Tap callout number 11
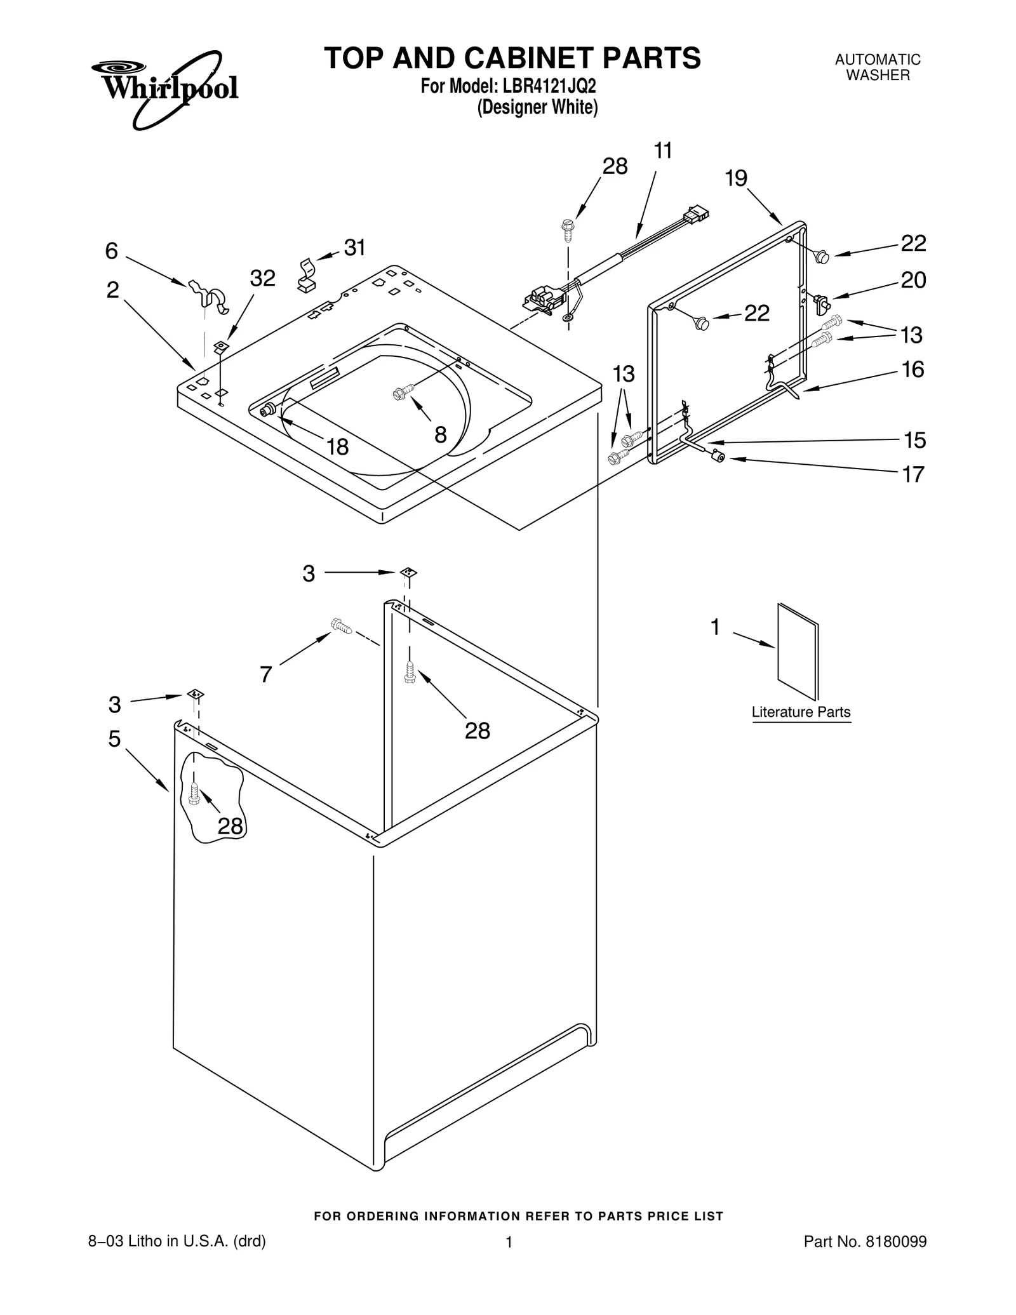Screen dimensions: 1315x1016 pos(662,151)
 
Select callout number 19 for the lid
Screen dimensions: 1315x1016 pos(736,178)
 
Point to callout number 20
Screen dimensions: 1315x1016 pos(913,280)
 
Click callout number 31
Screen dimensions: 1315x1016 pos(355,248)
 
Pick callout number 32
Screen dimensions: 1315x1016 pos(262,278)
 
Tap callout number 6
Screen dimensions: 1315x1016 pos(112,251)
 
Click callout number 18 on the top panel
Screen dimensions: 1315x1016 pos(337,447)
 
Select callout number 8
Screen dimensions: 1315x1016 pos(440,435)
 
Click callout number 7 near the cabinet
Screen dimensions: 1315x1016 pos(266,674)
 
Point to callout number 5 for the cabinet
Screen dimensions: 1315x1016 pos(114,739)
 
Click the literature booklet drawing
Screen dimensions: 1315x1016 pos(798,651)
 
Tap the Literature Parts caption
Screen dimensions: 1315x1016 pos(801,712)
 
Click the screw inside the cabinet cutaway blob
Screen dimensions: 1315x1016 pos(195,792)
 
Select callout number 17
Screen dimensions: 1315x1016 pos(913,474)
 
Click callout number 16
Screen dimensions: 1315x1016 pos(913,370)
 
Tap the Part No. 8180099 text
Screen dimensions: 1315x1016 pos(865,1241)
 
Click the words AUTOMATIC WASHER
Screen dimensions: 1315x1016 pos(878,67)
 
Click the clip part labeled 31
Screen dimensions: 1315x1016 pos(307,274)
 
